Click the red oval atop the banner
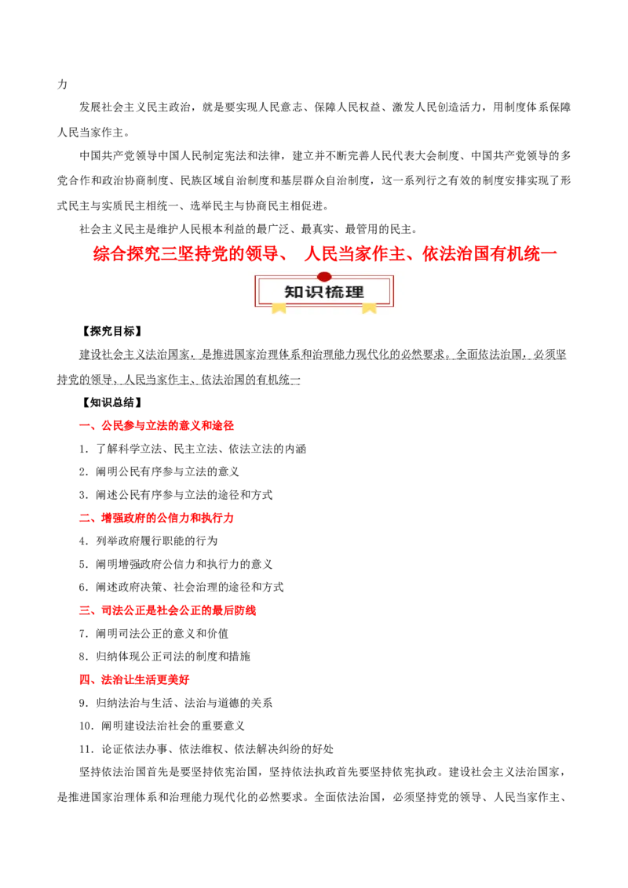point(324,276)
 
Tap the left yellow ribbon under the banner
point(279,308)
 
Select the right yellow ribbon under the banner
point(369,308)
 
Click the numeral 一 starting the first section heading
point(82,426)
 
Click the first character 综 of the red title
point(99,254)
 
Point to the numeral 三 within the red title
point(170,254)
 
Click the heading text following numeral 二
point(168,519)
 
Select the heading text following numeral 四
point(145,680)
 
